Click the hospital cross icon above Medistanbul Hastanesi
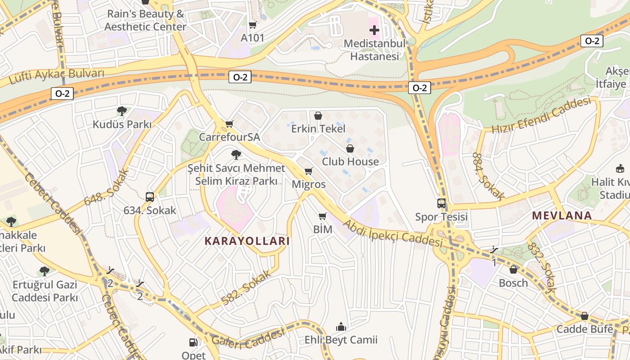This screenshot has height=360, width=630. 374,30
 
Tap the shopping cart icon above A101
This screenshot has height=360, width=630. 253,25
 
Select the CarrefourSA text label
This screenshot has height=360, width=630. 229,137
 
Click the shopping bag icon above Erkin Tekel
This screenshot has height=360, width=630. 318,116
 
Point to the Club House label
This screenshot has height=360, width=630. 350,162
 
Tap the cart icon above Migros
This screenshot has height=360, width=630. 309,171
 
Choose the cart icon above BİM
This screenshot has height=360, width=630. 323,216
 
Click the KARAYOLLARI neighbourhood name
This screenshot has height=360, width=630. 247,241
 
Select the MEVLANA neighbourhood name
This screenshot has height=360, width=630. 562,216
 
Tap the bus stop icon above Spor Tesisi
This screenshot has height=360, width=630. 441,203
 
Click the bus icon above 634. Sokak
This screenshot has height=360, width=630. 150,197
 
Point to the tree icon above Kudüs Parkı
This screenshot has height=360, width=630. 121,111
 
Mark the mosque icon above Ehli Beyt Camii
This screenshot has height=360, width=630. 341,326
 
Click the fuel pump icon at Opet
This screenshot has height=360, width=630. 193,342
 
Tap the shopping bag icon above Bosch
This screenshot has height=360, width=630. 513,270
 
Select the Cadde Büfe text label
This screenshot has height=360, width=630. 585,329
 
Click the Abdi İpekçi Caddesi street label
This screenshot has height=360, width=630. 393,233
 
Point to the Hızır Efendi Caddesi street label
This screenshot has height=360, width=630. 541,115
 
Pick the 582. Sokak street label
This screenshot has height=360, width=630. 247,288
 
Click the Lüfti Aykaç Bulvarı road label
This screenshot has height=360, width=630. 57,77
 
